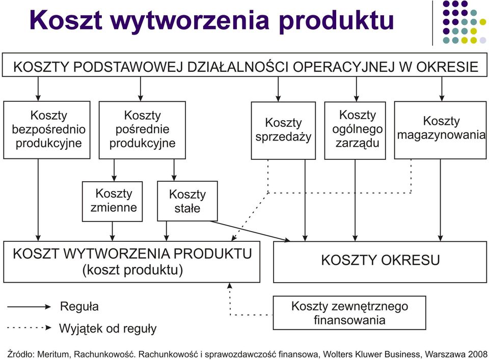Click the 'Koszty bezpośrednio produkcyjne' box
click(x=47, y=130)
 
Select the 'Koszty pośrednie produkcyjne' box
click(x=142, y=130)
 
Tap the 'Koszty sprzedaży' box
click(x=283, y=130)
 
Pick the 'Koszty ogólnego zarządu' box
click(x=355, y=130)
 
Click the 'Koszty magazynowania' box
click(x=440, y=130)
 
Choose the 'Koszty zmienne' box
click(x=112, y=201)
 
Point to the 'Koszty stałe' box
click(x=187, y=201)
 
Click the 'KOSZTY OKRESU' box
click(x=380, y=262)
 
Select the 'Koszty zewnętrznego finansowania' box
click(x=349, y=313)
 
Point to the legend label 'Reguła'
click(x=79, y=307)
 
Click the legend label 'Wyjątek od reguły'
click(x=108, y=328)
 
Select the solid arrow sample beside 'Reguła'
click(x=29, y=307)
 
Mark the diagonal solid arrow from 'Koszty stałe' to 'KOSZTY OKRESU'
click(x=250, y=231)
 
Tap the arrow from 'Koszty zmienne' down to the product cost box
click(x=113, y=231)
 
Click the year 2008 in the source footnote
click(x=477, y=354)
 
